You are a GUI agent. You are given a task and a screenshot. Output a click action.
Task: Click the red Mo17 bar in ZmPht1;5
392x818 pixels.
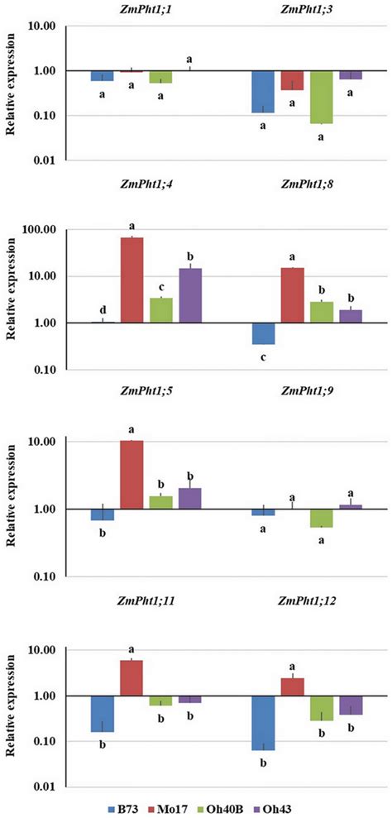pyautogui.click(x=131, y=475)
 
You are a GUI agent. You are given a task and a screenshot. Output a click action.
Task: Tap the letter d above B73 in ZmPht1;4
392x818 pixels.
pyautogui.click(x=103, y=312)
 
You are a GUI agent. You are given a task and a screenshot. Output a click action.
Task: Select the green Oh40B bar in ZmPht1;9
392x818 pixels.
pyautogui.click(x=321, y=518)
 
